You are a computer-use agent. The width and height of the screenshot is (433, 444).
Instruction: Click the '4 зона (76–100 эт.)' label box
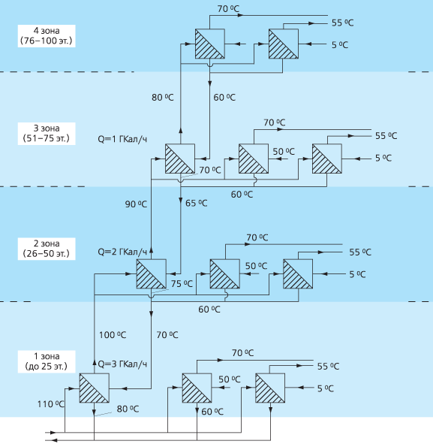[x=47, y=35]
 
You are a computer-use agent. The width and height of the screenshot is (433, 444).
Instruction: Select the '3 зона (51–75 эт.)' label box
[x=47, y=134]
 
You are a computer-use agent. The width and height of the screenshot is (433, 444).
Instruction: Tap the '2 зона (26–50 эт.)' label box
[x=47, y=249]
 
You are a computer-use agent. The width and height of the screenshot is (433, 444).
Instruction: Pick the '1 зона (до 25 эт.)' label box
[x=47, y=361]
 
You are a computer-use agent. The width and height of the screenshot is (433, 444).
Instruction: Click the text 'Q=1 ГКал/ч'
[x=122, y=139]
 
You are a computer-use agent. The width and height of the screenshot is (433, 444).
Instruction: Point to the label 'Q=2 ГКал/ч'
[x=122, y=252]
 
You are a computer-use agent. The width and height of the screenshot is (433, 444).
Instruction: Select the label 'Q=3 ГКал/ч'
[x=122, y=364]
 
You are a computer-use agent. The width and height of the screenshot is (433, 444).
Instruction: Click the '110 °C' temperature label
[x=51, y=404]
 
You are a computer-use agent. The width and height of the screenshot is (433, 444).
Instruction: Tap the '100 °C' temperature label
[x=113, y=335]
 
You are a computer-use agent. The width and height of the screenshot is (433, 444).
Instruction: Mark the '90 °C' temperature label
[x=136, y=204]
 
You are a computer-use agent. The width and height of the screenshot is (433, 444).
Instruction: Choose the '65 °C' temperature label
[x=197, y=204]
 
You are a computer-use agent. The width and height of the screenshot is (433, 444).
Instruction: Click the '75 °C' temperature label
[x=182, y=283]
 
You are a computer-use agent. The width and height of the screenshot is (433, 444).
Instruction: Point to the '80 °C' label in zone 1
[x=128, y=409]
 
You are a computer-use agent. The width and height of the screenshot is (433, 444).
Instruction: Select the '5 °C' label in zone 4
[x=340, y=45]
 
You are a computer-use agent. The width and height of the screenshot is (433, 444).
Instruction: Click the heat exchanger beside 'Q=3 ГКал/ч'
[x=95, y=388]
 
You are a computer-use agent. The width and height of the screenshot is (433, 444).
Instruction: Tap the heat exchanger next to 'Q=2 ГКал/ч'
[x=152, y=273]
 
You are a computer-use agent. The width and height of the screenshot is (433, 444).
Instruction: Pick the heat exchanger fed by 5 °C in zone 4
[x=284, y=44]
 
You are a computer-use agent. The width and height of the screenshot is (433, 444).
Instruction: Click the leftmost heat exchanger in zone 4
[x=210, y=44]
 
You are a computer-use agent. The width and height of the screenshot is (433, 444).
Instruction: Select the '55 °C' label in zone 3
[x=386, y=136]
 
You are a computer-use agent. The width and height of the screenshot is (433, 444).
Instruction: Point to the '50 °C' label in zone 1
[x=230, y=379]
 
